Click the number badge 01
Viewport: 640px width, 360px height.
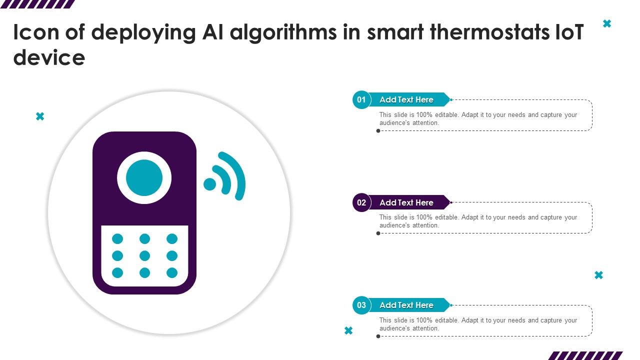click(x=361, y=99)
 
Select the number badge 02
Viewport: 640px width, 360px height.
click(x=361, y=202)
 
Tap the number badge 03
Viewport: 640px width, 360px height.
click(x=361, y=305)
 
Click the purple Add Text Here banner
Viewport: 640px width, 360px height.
click(x=406, y=202)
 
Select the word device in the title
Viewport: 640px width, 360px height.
click(x=49, y=58)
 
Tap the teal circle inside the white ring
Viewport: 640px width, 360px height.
click(x=144, y=177)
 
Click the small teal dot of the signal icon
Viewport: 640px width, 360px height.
click(x=210, y=184)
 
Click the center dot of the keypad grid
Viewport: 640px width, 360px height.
click(x=144, y=255)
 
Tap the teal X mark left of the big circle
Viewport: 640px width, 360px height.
click(x=40, y=116)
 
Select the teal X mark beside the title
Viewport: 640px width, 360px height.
click(x=607, y=23)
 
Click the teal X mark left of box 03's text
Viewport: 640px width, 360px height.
click(x=348, y=330)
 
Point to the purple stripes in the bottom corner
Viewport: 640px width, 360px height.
click(x=585, y=355)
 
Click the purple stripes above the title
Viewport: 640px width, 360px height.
click(x=37, y=4)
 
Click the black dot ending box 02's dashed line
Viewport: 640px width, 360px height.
click(x=378, y=233)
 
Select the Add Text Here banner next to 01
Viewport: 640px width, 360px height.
click(x=406, y=99)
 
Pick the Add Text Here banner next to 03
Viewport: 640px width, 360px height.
click(x=406, y=305)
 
